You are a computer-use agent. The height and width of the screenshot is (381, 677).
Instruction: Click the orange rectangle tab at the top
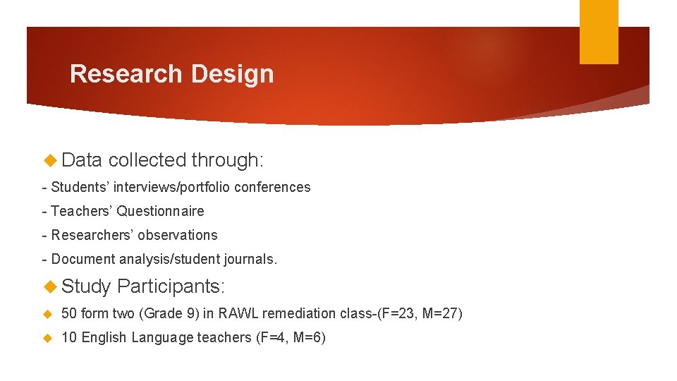(599, 31)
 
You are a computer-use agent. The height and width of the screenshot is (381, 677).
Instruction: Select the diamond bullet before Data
(50, 160)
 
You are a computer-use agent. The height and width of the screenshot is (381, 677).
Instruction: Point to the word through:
(228, 160)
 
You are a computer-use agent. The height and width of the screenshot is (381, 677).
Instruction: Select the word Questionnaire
(160, 211)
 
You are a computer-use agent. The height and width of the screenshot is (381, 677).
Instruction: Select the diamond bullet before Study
(50, 286)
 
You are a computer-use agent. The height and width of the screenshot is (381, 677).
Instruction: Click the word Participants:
(171, 286)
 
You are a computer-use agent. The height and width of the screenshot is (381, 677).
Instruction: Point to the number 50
(69, 313)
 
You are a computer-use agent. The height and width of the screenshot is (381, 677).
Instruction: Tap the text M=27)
(442, 313)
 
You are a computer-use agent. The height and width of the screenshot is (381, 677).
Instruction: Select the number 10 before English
(69, 337)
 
